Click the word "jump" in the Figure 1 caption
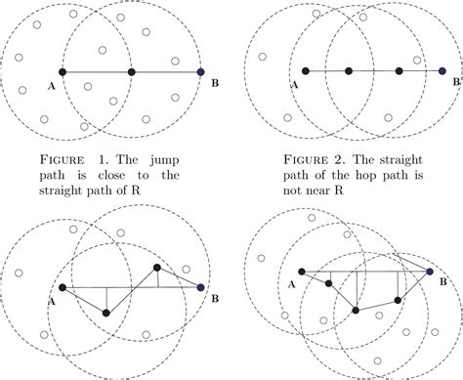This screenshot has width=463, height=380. pyautogui.click(x=164, y=160)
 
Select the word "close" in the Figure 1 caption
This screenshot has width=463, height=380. pyautogui.click(x=111, y=175)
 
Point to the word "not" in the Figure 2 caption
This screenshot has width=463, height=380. pyautogui.click(x=295, y=190)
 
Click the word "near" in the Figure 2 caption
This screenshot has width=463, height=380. pyautogui.click(x=322, y=190)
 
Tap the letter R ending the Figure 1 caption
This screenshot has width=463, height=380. pyautogui.click(x=136, y=190)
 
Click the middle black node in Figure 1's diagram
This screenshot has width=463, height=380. pyautogui.click(x=132, y=72)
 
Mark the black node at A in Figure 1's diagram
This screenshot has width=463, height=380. pyautogui.click(x=63, y=72)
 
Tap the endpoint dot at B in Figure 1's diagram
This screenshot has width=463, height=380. pyautogui.click(x=201, y=72)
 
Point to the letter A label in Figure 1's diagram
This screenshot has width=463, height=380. pyautogui.click(x=51, y=86)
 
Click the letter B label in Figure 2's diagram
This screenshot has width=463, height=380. pyautogui.click(x=456, y=82)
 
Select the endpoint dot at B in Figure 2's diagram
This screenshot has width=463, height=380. pyautogui.click(x=442, y=70)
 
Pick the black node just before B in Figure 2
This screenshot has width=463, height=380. pyautogui.click(x=399, y=71)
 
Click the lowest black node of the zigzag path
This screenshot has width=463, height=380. pyautogui.click(x=106, y=314)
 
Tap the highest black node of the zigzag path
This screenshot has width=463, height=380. pyautogui.click(x=157, y=268)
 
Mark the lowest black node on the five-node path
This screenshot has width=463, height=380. pyautogui.click(x=356, y=311)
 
